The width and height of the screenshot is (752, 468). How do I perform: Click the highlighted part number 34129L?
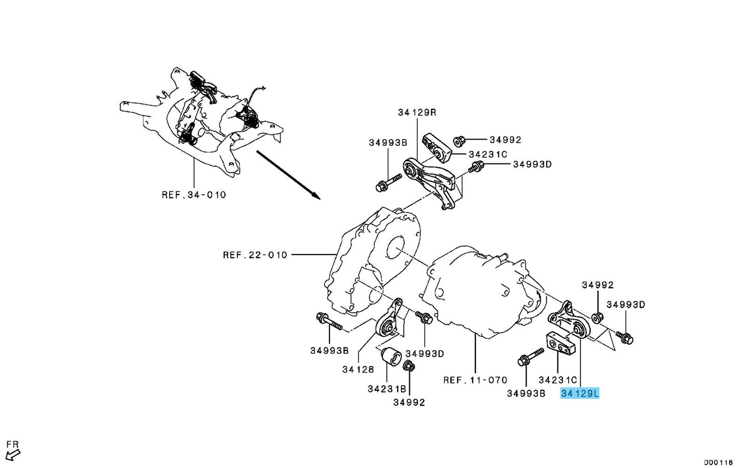(580, 394)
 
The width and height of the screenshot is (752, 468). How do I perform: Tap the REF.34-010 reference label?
(194, 195)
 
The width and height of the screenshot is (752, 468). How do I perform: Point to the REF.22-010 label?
(255, 255)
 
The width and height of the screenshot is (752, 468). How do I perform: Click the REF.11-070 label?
(475, 380)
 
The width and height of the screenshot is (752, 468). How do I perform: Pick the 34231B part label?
(387, 388)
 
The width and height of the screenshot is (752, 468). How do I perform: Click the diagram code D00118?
(718, 462)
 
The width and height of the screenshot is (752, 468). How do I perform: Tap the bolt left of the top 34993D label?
(476, 167)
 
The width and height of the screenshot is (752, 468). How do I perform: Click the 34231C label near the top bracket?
(487, 154)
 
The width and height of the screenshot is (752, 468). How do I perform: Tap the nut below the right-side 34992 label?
(598, 316)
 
